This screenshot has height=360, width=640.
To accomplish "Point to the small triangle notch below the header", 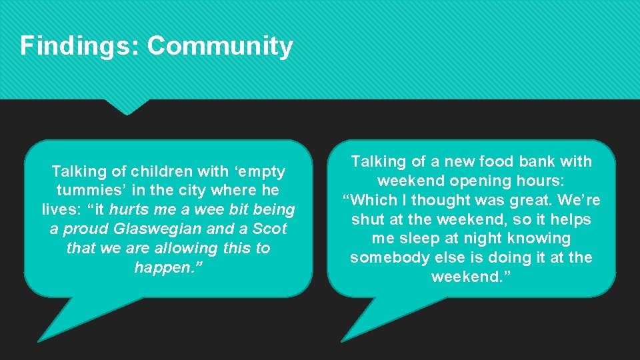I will point(127,107).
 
